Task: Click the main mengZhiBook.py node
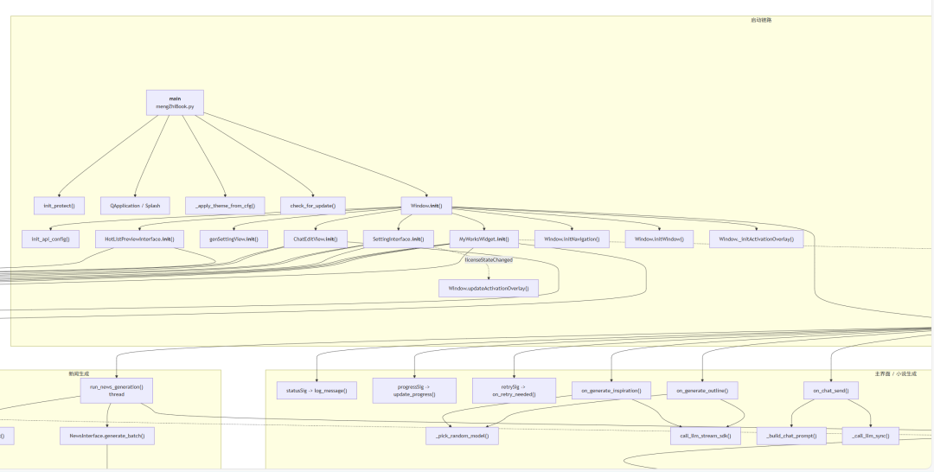click(x=175, y=102)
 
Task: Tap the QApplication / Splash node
click(x=135, y=206)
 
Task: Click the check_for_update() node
click(x=312, y=206)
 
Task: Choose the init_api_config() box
click(x=50, y=239)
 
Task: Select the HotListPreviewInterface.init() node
click(x=139, y=239)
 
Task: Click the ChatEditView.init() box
click(x=315, y=239)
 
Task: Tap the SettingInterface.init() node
click(x=398, y=239)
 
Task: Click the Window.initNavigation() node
click(x=572, y=239)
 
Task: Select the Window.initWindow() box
click(x=659, y=239)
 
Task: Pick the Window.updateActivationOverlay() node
click(x=488, y=288)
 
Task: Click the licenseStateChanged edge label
click(x=489, y=259)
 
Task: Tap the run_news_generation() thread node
click(x=117, y=390)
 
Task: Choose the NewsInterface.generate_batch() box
click(x=107, y=437)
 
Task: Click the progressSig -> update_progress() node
click(x=414, y=390)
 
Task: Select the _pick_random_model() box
click(x=462, y=437)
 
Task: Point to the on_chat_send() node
click(x=830, y=391)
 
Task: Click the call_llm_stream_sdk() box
click(x=706, y=437)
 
